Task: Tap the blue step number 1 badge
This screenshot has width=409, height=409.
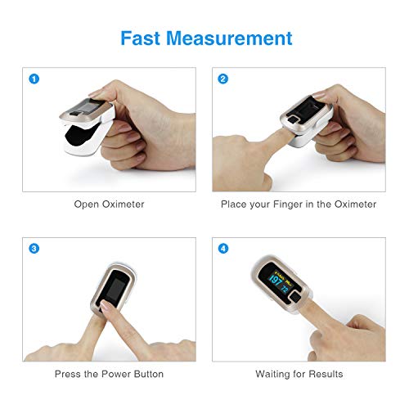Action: [x=34, y=79]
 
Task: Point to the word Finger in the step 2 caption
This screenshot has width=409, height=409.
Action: [x=291, y=204]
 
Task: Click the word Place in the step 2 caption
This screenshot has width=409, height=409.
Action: [x=234, y=204]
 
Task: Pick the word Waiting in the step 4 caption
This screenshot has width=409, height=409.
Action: [x=272, y=374]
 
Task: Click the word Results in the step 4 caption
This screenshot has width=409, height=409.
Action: [x=325, y=374]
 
